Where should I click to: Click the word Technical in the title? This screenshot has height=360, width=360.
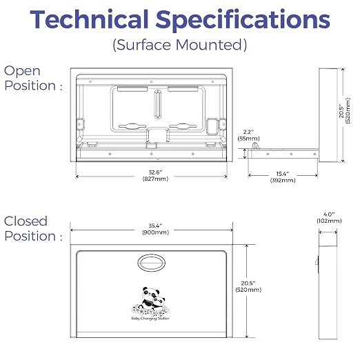tap(89, 19)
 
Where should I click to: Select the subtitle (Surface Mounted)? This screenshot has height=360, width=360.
tap(180, 45)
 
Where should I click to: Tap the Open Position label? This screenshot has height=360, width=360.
tap(33, 78)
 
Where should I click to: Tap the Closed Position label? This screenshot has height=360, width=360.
tap(33, 228)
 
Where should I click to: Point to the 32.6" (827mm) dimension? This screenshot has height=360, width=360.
tap(155, 176)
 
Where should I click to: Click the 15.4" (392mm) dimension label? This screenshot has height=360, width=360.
tap(283, 177)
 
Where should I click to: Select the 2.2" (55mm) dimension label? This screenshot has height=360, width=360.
tap(248, 135)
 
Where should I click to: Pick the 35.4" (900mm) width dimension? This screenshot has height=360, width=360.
tap(155, 229)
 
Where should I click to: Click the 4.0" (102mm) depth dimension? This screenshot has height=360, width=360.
tap(329, 218)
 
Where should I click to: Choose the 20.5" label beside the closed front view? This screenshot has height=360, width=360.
tap(248, 286)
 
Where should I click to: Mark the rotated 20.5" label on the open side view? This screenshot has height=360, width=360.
tap(345, 111)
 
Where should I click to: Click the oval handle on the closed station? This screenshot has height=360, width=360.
tap(152, 263)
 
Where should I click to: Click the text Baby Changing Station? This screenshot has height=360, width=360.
tap(150, 319)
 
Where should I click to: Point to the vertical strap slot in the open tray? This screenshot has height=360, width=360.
tap(157, 104)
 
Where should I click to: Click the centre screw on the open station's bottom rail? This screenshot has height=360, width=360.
tap(151, 154)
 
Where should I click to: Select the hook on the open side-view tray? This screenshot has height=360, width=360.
tap(256, 146)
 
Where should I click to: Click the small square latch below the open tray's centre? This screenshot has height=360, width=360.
tap(152, 146)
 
